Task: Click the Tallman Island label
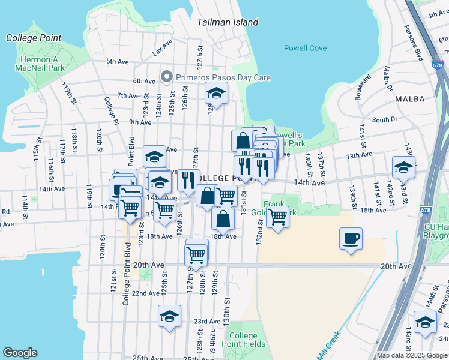(228, 22)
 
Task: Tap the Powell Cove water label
(305, 48)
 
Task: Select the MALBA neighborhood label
(411, 98)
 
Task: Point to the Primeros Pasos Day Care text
(223, 77)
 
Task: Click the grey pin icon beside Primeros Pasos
(166, 77)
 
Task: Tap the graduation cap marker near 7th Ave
(216, 94)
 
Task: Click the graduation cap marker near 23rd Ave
(170, 316)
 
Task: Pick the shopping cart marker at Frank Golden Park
(277, 217)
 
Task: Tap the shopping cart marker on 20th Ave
(196, 254)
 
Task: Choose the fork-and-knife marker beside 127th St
(188, 179)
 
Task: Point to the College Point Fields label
(244, 340)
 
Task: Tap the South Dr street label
(384, 119)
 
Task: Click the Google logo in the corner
(20, 353)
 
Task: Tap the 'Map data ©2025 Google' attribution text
(411, 355)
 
